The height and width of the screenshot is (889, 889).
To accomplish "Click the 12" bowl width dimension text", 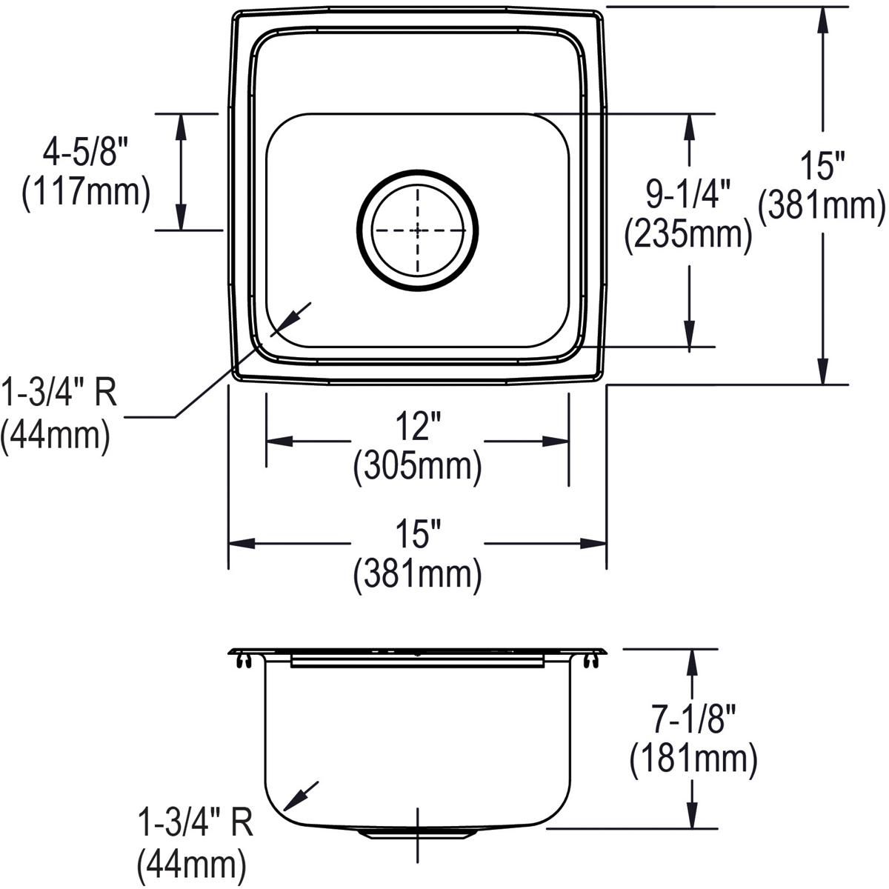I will (417, 428).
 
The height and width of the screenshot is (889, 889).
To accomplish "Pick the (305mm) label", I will (417, 467).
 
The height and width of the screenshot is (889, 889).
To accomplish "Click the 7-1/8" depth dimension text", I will (693, 718).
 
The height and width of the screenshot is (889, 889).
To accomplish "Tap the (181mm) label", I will (693, 759).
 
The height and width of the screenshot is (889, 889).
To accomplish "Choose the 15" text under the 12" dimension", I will (417, 535).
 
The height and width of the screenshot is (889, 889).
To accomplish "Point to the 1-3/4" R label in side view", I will (196, 824).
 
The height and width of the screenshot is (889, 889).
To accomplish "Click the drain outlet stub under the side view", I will (417, 833).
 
